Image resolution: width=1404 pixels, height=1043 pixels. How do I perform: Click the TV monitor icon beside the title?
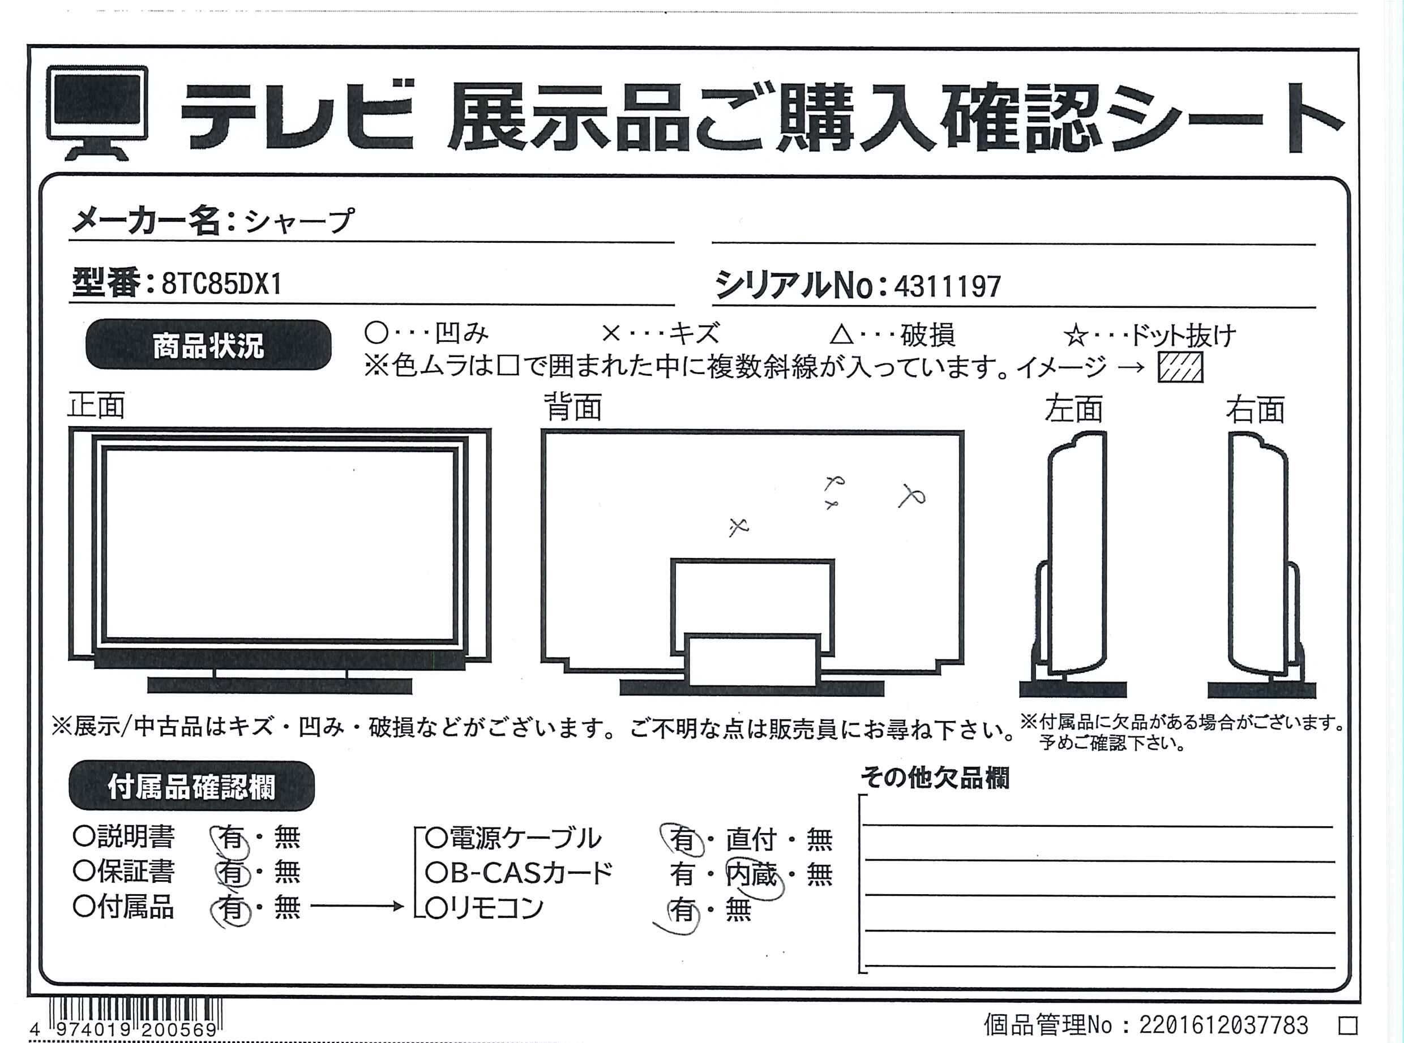97,113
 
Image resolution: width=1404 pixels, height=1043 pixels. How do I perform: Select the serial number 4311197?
947,286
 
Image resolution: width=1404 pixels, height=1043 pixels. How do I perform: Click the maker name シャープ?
299,221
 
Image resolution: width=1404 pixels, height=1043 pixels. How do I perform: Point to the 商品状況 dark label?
208,345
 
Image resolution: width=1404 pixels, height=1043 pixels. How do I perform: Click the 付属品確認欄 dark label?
191,786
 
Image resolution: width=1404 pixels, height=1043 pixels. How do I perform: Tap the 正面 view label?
96,405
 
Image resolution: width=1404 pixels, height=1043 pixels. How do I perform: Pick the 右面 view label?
1256,410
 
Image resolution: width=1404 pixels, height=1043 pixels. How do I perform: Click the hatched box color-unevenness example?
1180,367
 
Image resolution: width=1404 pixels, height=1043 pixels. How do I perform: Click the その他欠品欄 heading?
935,778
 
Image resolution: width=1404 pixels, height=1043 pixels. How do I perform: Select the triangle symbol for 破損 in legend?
841,334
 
